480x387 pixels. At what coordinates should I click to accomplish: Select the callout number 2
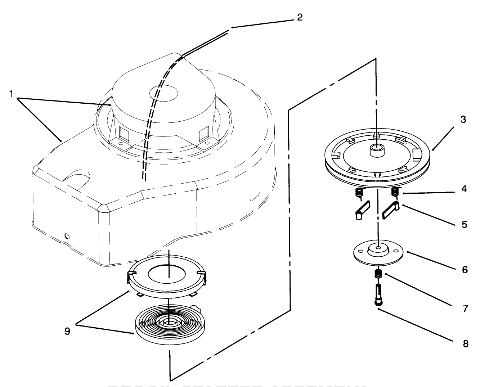tap(300, 17)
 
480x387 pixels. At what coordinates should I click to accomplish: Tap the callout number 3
tap(463, 120)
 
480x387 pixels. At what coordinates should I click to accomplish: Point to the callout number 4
tap(464, 189)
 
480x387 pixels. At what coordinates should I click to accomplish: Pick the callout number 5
tap(464, 224)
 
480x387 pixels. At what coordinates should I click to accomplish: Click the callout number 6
tap(465, 269)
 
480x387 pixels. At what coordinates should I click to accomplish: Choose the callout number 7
tap(465, 309)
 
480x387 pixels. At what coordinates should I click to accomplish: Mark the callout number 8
tap(465, 344)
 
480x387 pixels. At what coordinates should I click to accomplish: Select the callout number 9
tap(67, 331)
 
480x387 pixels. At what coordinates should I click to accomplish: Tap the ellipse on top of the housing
tap(164, 91)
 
